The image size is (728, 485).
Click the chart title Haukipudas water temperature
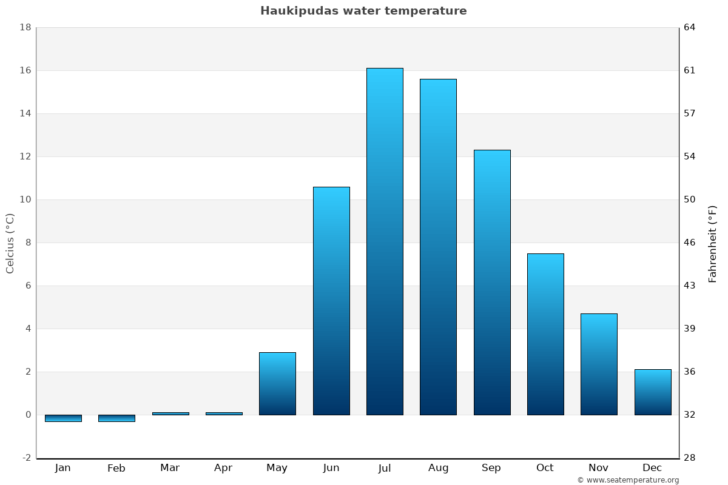tap(363, 11)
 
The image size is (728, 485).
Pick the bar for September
tap(492, 283)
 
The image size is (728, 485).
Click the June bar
tap(331, 301)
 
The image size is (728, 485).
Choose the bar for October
tap(545, 334)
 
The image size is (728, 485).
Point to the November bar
tap(599, 364)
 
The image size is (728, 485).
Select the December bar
tap(653, 392)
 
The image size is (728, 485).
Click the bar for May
tap(277, 384)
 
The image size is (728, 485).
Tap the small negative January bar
tap(63, 418)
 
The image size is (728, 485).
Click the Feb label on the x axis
tap(116, 468)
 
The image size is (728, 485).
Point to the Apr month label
tap(223, 468)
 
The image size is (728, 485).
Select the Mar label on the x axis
tap(170, 468)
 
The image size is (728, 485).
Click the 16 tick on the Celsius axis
tap(25, 70)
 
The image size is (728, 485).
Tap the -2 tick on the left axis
tap(27, 458)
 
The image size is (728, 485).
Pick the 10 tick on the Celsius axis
tap(25, 199)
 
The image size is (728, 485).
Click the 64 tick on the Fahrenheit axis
tap(690, 27)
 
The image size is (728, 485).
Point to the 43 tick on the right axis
tap(690, 286)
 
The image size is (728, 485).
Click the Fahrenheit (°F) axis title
tap(712, 244)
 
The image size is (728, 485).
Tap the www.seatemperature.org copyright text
tap(628, 480)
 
